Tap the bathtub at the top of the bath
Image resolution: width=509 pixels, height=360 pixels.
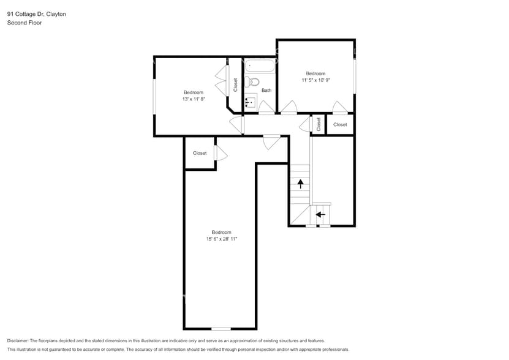click(260, 66)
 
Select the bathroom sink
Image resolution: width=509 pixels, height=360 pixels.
click(251, 102)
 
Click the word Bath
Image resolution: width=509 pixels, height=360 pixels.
click(266, 91)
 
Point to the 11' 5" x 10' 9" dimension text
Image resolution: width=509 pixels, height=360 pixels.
click(316, 80)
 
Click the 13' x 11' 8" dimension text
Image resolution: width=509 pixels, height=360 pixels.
click(193, 99)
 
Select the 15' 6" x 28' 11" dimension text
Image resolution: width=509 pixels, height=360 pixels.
click(221, 239)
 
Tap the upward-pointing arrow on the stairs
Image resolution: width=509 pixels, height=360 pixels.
click(300, 182)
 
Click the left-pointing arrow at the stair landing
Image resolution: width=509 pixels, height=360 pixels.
click(319, 214)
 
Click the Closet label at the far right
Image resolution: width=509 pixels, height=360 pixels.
click(340, 124)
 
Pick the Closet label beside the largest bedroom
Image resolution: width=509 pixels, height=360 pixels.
click(200, 153)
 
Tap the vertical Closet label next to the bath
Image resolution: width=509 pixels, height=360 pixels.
click(236, 85)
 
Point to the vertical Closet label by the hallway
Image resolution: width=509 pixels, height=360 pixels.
click(319, 124)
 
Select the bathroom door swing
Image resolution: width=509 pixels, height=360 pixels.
click(266, 108)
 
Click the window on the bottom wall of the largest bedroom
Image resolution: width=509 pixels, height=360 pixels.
click(221, 329)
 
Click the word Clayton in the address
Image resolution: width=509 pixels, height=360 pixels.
click(54, 13)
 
